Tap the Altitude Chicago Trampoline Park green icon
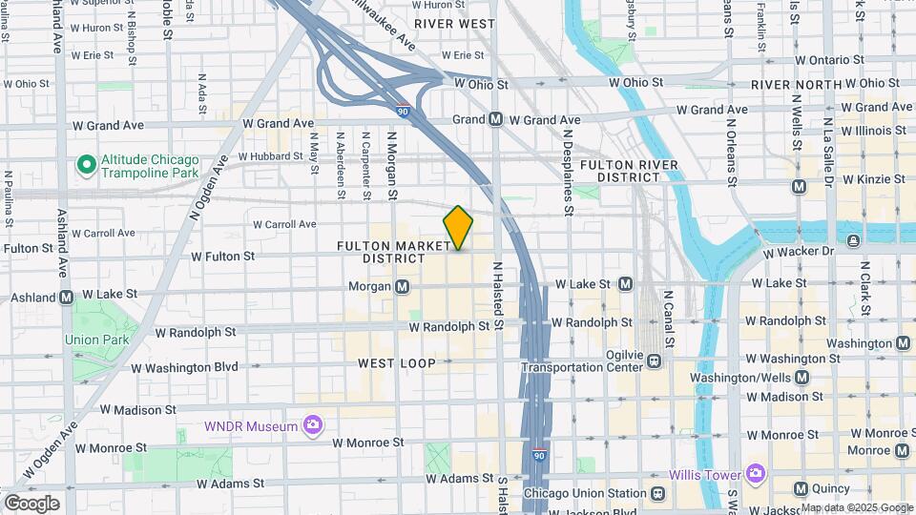pos(87,166)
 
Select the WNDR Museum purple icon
pos(312,425)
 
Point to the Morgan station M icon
pos(403,286)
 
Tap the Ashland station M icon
pos(66,297)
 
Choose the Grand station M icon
pos(495,120)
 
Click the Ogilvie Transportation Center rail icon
pos(655,360)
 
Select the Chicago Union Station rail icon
pos(657,494)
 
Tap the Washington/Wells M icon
pos(801,377)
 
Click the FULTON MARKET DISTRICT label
pos(393,252)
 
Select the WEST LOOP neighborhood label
pos(397,363)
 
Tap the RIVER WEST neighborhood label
pos(454,23)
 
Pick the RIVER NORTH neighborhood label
pos(797,85)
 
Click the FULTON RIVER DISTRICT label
pos(629,171)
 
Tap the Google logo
pos(31,504)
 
